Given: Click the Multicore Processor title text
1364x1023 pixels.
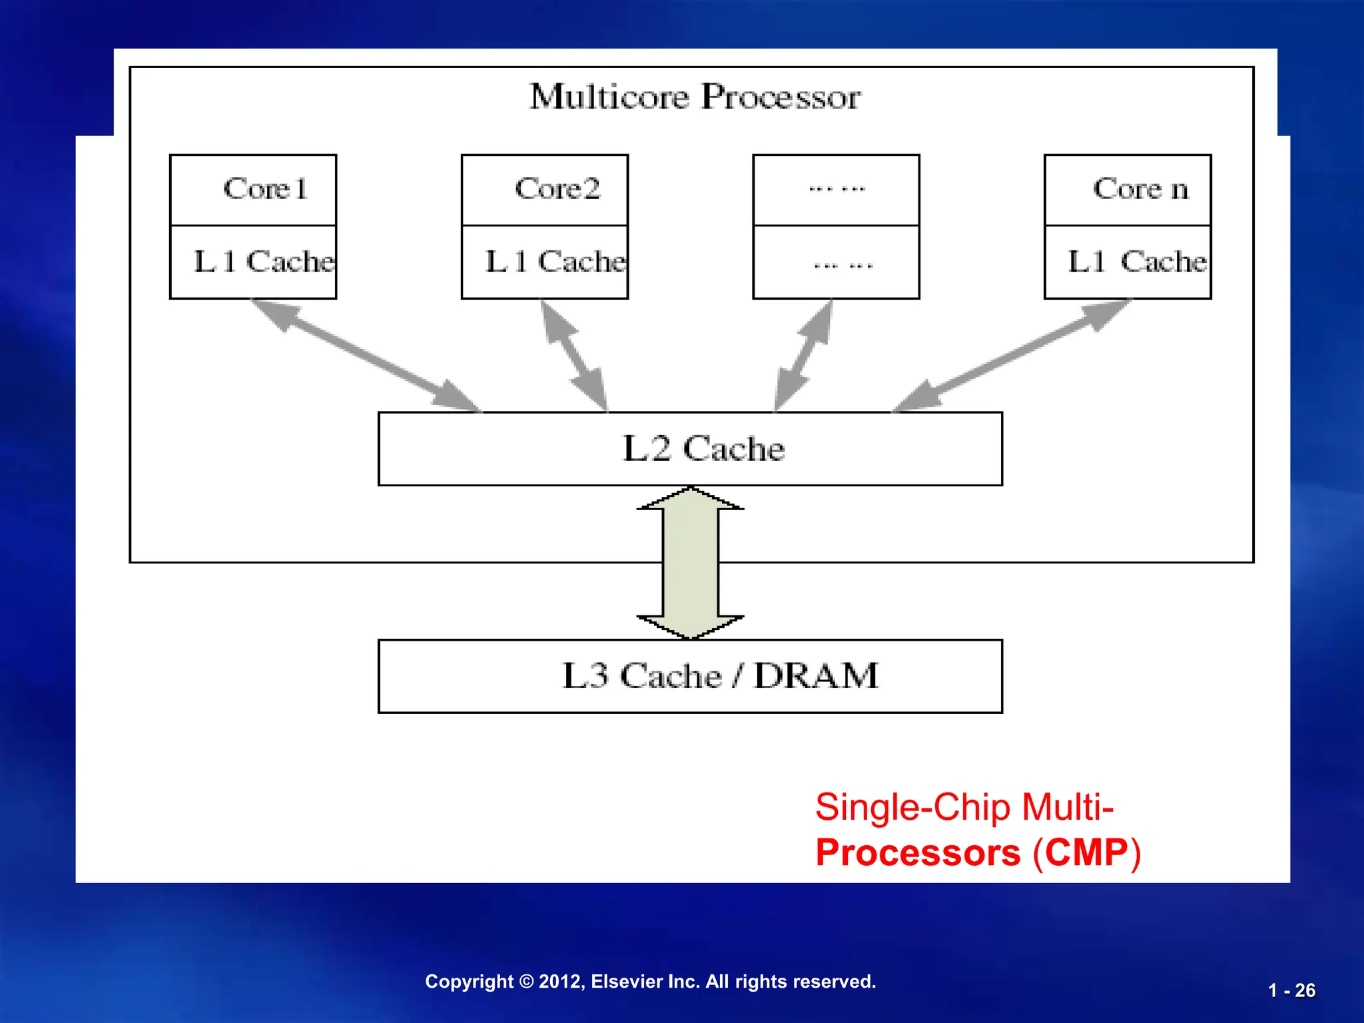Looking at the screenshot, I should pyautogui.click(x=695, y=97).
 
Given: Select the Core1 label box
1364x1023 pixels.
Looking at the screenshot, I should pyautogui.click(x=253, y=190).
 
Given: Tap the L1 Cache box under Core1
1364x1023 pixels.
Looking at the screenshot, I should pyautogui.click(x=253, y=262).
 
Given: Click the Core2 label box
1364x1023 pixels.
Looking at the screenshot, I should pyautogui.click(x=545, y=190).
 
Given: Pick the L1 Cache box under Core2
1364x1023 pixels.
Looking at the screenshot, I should pyautogui.click(x=545, y=262).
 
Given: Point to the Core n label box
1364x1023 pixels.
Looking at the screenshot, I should pyautogui.click(x=1128, y=190).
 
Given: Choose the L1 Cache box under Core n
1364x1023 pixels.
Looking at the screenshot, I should pyautogui.click(x=1128, y=262).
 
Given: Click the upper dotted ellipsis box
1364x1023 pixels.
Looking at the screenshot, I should pyautogui.click(x=836, y=190).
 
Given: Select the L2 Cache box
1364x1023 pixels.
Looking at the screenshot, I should pyautogui.click(x=690, y=449).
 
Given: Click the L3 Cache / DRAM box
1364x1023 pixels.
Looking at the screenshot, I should pyautogui.click(x=690, y=677).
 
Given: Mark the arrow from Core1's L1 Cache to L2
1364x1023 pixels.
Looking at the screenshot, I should pyautogui.click(x=365, y=355).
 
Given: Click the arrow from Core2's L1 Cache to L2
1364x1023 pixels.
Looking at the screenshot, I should pyautogui.click(x=574, y=355).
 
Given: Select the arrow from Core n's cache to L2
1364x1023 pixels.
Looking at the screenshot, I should pyautogui.click(x=1012, y=355).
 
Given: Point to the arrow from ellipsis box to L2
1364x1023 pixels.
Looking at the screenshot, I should pyautogui.click(x=804, y=355).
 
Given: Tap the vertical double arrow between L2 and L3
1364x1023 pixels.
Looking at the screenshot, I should pyautogui.click(x=691, y=563).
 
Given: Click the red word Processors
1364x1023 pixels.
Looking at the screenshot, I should pyautogui.click(x=918, y=853).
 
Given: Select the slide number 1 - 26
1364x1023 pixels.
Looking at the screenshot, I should pyautogui.click(x=1291, y=991).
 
